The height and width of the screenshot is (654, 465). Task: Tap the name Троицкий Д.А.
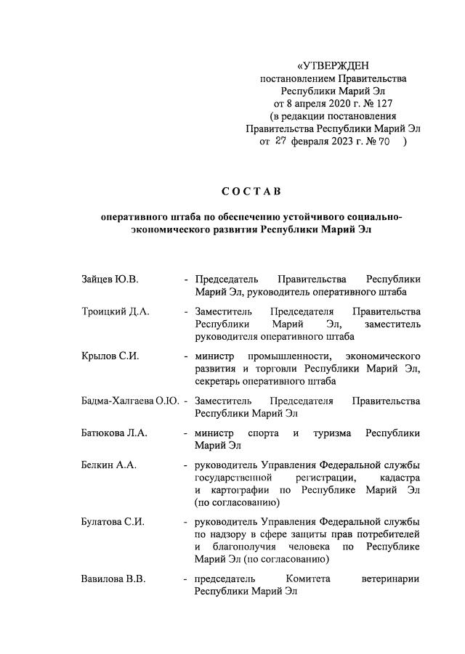(115, 311)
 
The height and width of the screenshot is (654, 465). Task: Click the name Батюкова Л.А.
(114, 433)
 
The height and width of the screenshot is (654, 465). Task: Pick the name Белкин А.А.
(108, 465)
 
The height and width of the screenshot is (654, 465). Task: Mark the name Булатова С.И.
(113, 521)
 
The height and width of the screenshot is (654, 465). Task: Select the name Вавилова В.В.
(114, 579)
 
